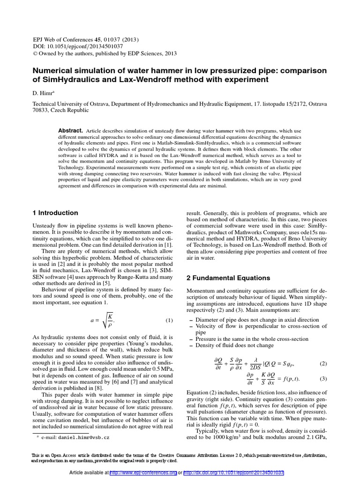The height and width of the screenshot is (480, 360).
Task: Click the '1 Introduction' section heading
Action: (55, 213)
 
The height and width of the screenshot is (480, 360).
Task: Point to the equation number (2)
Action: (323, 363)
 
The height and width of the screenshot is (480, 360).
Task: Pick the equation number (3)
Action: (323, 379)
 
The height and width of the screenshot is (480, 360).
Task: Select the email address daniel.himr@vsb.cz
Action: (84, 437)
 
